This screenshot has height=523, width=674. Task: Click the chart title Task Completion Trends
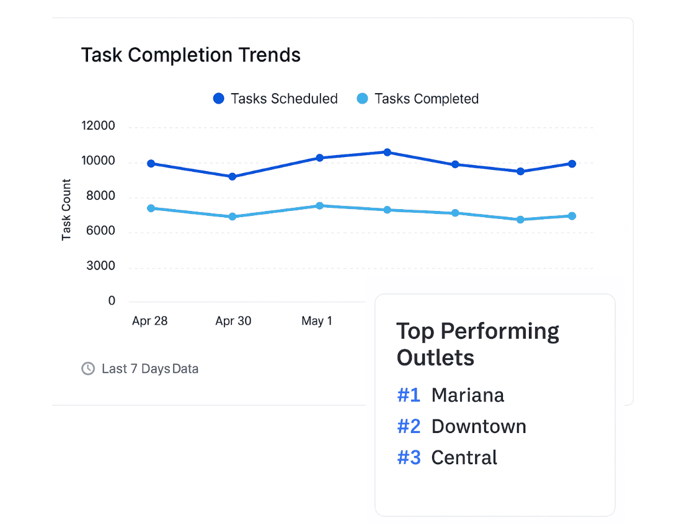[191, 55]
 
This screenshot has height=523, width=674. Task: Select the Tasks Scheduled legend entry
[275, 99]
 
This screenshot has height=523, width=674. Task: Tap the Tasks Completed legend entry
[418, 99]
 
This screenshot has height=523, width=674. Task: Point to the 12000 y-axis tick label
[98, 127]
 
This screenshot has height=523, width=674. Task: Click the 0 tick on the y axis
[112, 301]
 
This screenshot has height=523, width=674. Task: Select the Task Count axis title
[66, 210]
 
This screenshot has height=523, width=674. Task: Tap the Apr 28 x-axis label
[150, 321]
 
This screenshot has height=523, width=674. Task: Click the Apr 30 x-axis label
[233, 321]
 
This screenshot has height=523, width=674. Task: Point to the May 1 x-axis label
[317, 321]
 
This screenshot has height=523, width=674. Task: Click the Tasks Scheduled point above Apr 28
[151, 164]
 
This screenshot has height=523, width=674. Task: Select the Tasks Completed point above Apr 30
[233, 217]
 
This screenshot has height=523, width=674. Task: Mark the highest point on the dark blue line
[387, 152]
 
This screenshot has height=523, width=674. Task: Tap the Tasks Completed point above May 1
[320, 205]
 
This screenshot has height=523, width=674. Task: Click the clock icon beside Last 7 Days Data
[88, 369]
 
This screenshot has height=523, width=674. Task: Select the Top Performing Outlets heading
[477, 344]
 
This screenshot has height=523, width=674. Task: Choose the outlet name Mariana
[468, 395]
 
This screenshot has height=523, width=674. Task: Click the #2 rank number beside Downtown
[409, 426]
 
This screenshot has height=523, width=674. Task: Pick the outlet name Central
[464, 457]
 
